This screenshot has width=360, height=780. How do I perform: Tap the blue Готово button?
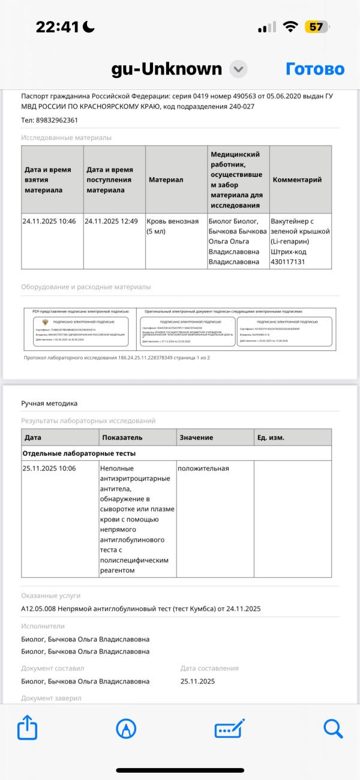[315, 69]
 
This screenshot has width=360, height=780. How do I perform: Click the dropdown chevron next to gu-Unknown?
[239, 69]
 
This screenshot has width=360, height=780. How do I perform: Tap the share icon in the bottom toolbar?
[28, 728]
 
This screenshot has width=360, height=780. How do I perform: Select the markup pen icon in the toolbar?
[126, 728]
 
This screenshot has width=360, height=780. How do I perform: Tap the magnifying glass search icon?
[332, 728]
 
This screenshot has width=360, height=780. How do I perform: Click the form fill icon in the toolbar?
[229, 728]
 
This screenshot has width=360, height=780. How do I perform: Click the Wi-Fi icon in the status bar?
[291, 27]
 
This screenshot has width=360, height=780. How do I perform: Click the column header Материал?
[166, 179]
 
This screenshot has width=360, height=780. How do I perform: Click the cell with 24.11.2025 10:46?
[49, 221]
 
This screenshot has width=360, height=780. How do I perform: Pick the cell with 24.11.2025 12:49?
[112, 221]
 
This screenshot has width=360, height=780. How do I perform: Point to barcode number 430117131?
[288, 262]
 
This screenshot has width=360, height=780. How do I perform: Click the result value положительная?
[203, 469]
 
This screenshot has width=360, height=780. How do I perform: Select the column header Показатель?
[122, 437]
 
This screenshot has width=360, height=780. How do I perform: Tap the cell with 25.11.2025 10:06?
[49, 469]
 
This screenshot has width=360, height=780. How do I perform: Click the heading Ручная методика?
[49, 403]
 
